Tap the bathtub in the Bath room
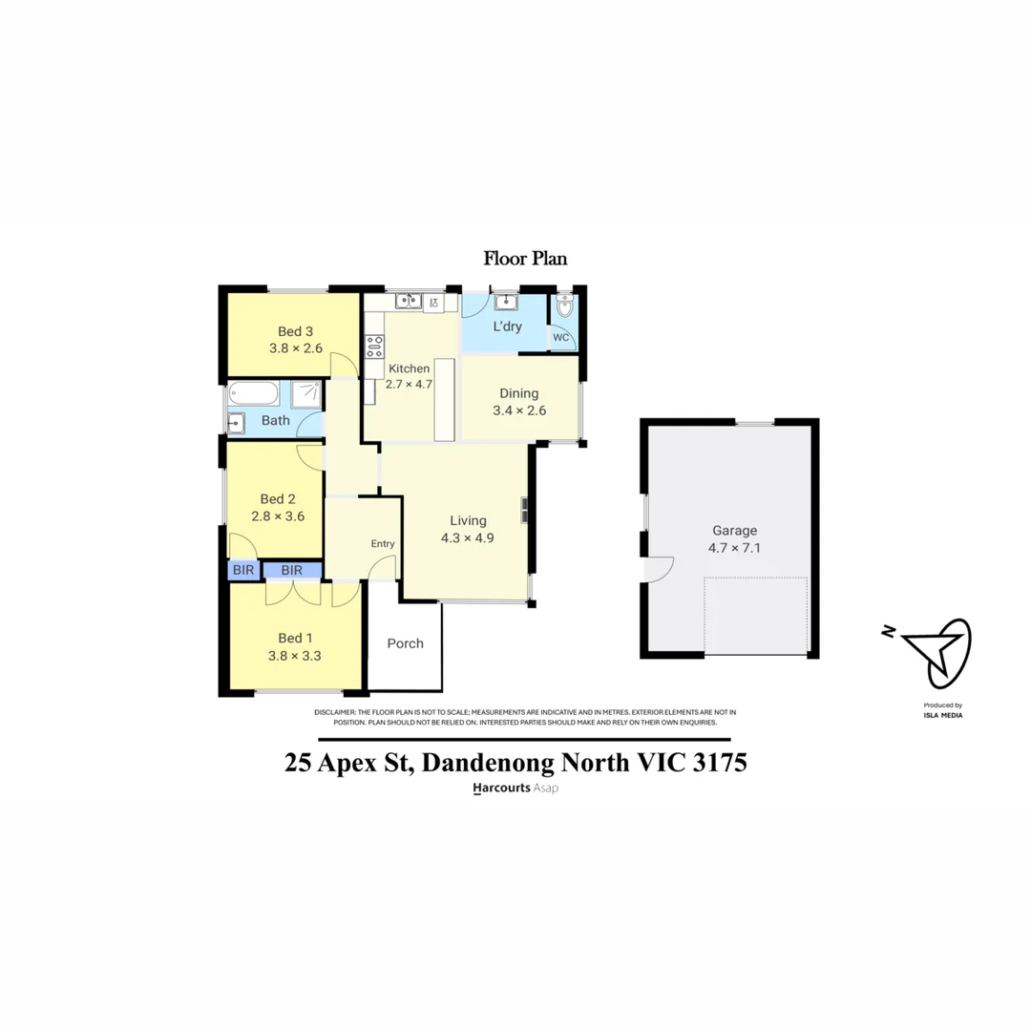[x=254, y=393]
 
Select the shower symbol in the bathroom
[x=306, y=394]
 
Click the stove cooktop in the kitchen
[x=374, y=347]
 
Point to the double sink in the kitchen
[x=410, y=302]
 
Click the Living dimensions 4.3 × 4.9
[x=468, y=537]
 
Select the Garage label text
[x=734, y=531]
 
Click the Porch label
[x=405, y=643]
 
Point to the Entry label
[x=382, y=544]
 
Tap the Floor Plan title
[x=525, y=258]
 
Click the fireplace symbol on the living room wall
[x=523, y=511]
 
